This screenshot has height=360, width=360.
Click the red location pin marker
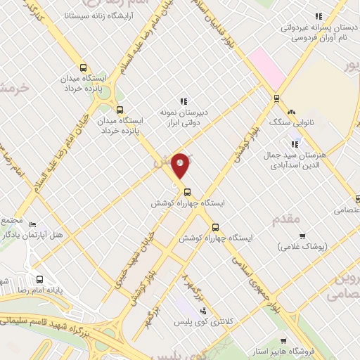point(180,165)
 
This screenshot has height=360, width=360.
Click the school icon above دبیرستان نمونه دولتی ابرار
point(184,101)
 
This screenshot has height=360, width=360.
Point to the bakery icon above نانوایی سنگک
point(291,112)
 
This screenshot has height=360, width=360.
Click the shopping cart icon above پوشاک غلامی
point(302,236)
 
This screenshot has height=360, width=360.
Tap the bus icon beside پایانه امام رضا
point(39,278)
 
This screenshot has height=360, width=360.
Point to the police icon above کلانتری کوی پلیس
point(203,310)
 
